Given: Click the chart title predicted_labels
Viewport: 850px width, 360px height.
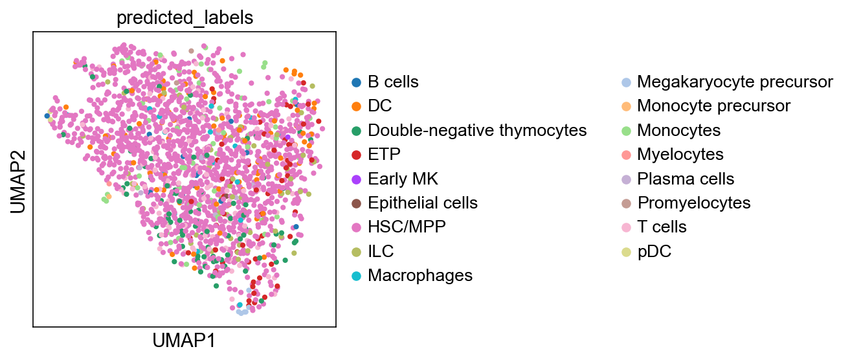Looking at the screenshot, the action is [x=185, y=18].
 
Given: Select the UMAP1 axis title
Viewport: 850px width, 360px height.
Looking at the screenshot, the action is [x=184, y=341].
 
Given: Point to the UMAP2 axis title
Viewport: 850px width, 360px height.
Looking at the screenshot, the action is [x=18, y=182].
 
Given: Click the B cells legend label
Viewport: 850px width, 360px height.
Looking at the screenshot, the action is [x=393, y=82].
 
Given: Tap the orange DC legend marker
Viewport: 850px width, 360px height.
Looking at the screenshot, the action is [x=356, y=106].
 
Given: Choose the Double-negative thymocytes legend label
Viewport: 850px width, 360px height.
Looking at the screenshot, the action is [x=477, y=130].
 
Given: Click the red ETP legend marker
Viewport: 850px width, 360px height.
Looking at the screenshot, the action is [x=356, y=155].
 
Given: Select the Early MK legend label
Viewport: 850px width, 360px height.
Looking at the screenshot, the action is [x=403, y=179].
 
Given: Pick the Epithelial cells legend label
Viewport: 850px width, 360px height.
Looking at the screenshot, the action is [x=423, y=203].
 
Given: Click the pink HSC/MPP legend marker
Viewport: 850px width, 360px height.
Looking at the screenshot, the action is [x=356, y=227].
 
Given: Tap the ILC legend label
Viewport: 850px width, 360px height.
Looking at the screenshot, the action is [x=381, y=251].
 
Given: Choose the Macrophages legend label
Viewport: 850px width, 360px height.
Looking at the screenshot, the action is [x=420, y=275].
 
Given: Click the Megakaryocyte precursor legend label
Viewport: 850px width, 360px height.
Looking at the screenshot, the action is [x=735, y=82].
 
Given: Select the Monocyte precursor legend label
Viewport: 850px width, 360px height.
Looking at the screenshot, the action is [x=714, y=106].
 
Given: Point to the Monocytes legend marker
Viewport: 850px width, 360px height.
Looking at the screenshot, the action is [x=626, y=131].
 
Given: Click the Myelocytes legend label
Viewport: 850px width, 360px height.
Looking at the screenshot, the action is [x=680, y=154].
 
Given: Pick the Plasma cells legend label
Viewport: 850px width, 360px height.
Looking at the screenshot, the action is [x=686, y=179].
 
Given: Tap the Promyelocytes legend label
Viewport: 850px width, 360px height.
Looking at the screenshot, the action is [x=694, y=203].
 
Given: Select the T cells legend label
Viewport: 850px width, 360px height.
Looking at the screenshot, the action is [x=662, y=227].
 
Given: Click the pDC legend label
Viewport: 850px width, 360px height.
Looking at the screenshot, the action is [x=654, y=251].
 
